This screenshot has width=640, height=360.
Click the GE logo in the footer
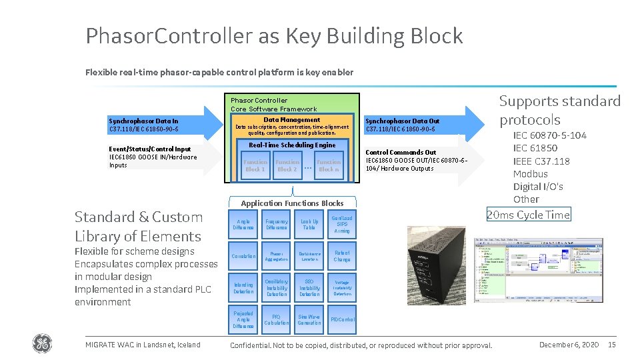pos(41,344)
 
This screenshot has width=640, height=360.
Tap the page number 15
pos(612,344)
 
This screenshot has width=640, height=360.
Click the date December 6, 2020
pos(569,344)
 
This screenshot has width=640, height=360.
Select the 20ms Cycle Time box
pos(528,215)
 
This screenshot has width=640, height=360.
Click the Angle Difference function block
pos(243,225)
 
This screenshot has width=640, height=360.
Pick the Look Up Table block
pos(309,225)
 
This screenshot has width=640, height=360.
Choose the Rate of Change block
pos(342,256)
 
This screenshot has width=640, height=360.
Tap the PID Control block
pos(342,320)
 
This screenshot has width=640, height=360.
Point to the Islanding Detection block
pos(243,288)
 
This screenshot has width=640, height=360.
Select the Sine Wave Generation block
pos(309,320)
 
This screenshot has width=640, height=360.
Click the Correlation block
pos(243,256)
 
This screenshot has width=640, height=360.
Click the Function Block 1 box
pos(255,165)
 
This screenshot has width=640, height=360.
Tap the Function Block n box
pos(329,165)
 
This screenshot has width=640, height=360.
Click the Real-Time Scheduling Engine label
pos(292,145)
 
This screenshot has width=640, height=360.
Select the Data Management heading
pos(292,120)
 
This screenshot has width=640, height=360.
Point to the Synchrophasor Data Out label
pos(403,121)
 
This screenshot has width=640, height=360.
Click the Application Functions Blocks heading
pos(292,203)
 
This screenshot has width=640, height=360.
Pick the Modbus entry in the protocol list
pos(531,174)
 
